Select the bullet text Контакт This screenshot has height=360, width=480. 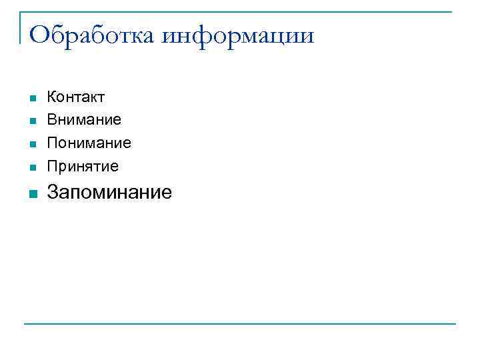(75, 97)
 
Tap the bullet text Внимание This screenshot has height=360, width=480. (84, 120)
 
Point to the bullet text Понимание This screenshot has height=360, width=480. (89, 143)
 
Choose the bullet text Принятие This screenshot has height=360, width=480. (83, 165)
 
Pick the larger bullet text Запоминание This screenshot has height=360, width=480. (109, 193)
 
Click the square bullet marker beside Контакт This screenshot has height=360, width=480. (31, 99)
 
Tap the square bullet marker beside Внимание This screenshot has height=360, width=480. (31, 121)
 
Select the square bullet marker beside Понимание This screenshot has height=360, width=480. (31, 144)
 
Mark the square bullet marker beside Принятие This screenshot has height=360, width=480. (31, 167)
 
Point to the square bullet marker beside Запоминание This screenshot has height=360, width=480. (31, 194)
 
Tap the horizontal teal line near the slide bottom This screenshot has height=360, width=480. (240, 324)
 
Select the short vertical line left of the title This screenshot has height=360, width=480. (20, 27)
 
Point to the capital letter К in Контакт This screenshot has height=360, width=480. (51, 97)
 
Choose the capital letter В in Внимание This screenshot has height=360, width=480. (51, 120)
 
